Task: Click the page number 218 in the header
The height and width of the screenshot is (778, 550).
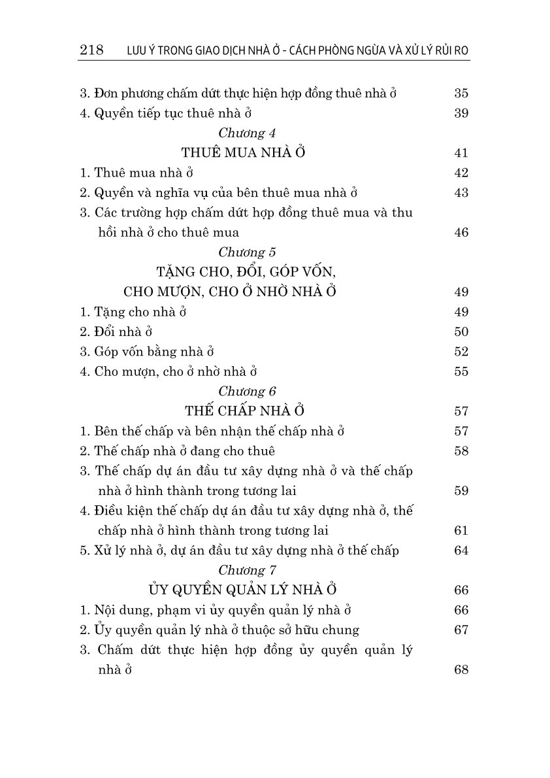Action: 91,51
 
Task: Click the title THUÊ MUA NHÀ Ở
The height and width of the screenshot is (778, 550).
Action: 244,153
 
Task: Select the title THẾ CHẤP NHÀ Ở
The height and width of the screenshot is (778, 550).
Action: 245,411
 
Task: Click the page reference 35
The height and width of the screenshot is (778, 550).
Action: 461,93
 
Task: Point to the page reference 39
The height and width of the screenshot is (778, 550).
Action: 461,113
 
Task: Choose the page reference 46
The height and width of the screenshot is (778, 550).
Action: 461,233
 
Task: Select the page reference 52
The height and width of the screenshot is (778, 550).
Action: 461,352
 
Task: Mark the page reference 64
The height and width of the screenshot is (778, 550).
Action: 461,550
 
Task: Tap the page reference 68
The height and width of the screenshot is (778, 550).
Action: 461,670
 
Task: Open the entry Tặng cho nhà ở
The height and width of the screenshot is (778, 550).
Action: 133,312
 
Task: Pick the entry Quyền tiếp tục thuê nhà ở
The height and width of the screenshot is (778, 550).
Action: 166,113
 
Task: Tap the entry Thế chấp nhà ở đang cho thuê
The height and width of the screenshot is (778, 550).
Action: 177,451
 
